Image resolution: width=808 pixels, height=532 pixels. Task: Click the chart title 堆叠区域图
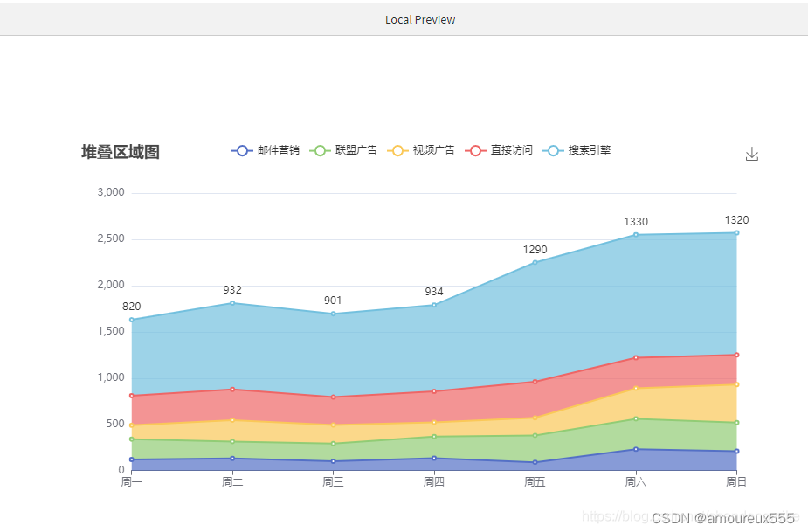pos(121,152)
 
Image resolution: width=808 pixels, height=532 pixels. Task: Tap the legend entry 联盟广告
pos(344,150)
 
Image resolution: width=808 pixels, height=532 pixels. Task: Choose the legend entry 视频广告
pos(422,150)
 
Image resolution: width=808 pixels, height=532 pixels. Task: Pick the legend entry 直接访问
pos(500,150)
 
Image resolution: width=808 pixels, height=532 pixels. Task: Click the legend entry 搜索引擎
pos(577,150)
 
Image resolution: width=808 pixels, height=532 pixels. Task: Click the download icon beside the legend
pos(752,155)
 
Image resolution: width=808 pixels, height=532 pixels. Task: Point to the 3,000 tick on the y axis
pos(110,192)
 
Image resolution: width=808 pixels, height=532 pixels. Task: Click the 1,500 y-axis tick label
pos(110,331)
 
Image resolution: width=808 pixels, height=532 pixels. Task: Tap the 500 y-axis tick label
pos(115,424)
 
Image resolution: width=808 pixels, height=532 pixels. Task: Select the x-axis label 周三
pos(333,481)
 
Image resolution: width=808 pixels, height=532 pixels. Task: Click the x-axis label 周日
pos(736,481)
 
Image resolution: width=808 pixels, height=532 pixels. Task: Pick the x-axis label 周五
pos(535,481)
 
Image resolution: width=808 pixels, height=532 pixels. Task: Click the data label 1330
pos(636,222)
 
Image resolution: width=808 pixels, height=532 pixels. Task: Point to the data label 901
pos(333,301)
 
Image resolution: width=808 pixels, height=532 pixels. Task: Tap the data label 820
pos(131,307)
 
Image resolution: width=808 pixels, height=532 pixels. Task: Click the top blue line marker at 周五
pos(535,262)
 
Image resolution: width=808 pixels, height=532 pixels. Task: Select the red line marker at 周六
pos(636,357)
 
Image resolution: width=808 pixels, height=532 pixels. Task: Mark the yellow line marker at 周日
pos(736,384)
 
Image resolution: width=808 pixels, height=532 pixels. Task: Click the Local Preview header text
pos(420,19)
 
